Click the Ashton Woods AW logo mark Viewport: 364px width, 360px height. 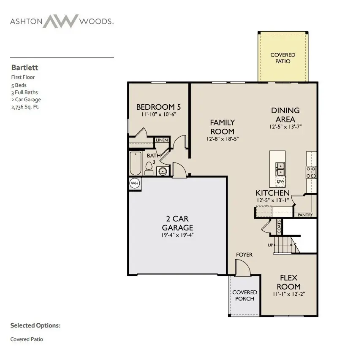(x=61, y=21)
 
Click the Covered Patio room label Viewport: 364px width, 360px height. (x=283, y=58)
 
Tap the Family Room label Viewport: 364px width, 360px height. (x=223, y=127)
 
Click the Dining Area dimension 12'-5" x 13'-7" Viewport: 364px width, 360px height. (x=285, y=127)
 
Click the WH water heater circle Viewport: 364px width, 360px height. (x=134, y=183)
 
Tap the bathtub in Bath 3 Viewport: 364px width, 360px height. (x=135, y=163)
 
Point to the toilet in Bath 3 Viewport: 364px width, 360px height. (x=149, y=168)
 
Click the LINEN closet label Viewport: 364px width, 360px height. (x=162, y=140)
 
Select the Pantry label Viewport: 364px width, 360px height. (x=305, y=215)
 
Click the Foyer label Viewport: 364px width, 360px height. (x=244, y=254)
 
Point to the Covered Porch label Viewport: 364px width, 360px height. (x=244, y=295)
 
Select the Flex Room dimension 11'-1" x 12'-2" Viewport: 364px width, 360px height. (x=289, y=294)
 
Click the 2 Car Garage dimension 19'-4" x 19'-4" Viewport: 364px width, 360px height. (x=177, y=235)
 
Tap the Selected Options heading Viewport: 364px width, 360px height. (x=35, y=326)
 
